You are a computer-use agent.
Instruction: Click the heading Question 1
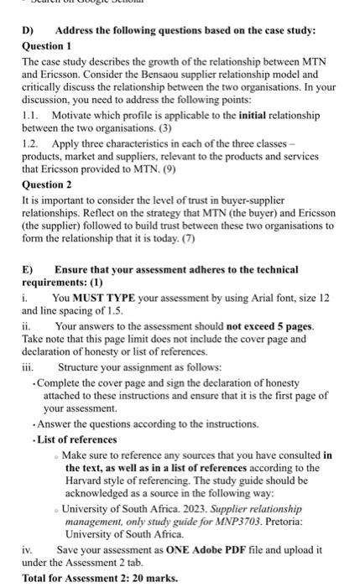coord(46,45)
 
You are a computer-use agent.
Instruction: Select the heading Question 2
coord(46,184)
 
